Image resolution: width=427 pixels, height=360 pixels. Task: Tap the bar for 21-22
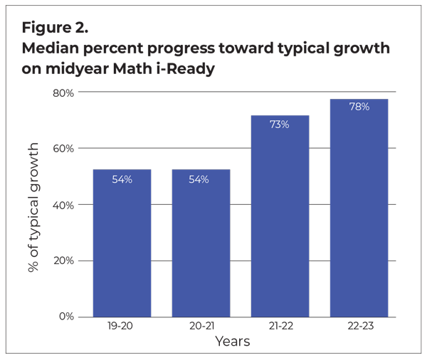tap(280, 221)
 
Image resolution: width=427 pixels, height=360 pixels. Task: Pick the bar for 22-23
tap(359, 213)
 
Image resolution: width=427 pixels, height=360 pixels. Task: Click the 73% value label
tap(279, 125)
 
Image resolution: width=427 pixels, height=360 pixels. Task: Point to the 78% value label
tap(359, 107)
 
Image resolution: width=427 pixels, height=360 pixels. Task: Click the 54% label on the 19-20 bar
tap(122, 180)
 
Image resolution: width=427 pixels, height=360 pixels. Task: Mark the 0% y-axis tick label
tap(65, 317)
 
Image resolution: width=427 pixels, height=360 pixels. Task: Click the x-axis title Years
tap(233, 342)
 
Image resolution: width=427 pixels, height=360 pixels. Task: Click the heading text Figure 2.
tap(55, 28)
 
